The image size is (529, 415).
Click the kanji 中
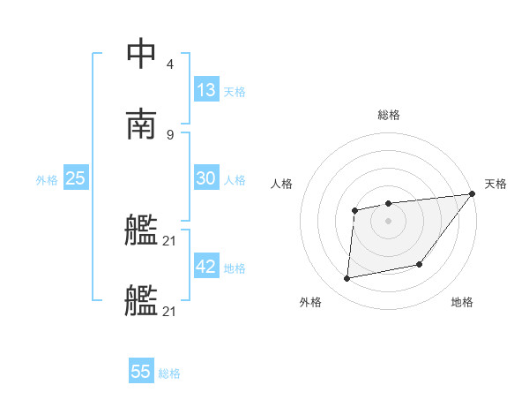point(141,55)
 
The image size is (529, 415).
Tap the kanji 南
point(141,124)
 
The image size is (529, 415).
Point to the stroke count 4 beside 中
point(170,64)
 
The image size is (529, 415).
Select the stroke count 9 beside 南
point(170,134)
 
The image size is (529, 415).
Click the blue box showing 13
point(206,90)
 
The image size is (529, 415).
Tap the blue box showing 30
point(206,178)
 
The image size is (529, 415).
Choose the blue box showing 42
point(206,267)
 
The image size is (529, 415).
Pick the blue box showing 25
point(76,178)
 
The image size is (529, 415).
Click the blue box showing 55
point(141,372)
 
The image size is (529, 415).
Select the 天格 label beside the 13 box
point(235,91)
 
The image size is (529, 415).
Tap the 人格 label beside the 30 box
point(235,179)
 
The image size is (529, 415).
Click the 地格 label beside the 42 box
point(235,268)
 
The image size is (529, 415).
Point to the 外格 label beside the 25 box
point(47,179)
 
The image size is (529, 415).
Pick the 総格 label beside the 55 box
point(169,373)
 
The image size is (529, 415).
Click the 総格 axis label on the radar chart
point(389,115)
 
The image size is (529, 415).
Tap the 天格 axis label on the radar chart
point(495,184)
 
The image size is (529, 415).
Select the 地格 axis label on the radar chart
point(462,302)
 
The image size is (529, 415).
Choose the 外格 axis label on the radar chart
point(310,302)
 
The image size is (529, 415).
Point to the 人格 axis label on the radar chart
point(282,184)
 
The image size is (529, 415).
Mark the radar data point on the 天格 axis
point(472,194)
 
